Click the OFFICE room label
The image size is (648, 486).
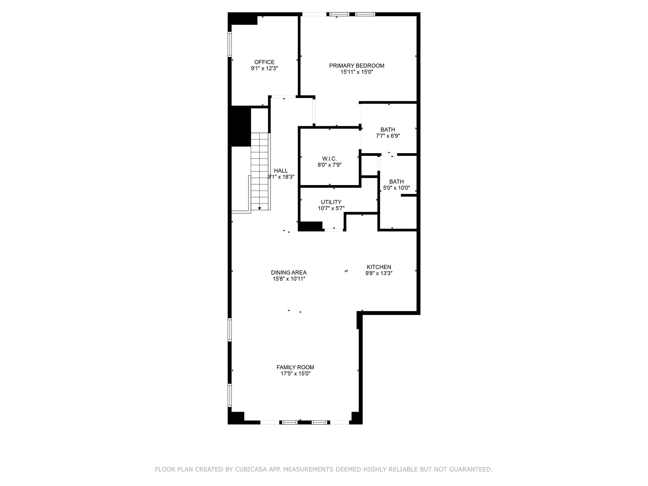click(264, 62)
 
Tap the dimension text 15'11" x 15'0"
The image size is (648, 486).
click(357, 72)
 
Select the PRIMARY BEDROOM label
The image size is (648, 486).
click(357, 65)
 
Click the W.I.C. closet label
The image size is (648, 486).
click(329, 159)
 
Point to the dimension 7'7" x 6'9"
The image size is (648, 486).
click(388, 136)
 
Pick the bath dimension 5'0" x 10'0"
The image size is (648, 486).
click(396, 188)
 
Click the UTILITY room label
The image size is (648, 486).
click(331, 202)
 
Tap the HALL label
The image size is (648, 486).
click(281, 171)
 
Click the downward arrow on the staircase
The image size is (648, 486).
click(259, 208)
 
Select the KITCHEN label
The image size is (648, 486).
click(379, 267)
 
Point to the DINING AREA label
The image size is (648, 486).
click(289, 272)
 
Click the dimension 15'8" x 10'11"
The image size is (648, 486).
click(289, 279)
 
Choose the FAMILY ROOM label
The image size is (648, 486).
click(295, 367)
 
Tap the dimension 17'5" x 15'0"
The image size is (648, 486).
click(295, 373)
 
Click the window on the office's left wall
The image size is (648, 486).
click(230, 44)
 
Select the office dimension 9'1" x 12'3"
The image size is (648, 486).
click(264, 68)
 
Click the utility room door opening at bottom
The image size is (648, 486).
click(334, 230)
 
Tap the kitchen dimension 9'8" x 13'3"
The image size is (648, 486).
click(379, 273)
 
